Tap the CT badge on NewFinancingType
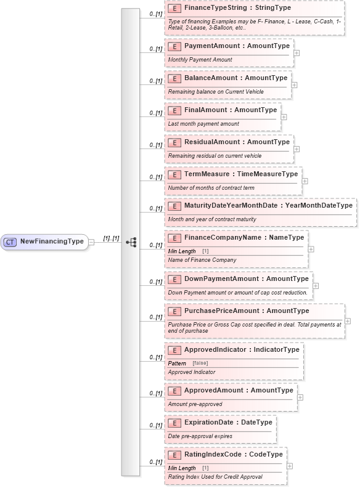[x=10, y=242]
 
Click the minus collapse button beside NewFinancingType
[x=91, y=242]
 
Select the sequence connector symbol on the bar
[x=131, y=242]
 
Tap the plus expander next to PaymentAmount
[x=297, y=52]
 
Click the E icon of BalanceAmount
[x=174, y=78]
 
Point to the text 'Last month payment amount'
[x=203, y=124]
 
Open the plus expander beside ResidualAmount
[x=297, y=148]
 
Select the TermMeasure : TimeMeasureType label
[x=240, y=174]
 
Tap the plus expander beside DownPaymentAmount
[x=316, y=285]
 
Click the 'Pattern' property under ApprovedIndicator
[x=177, y=364]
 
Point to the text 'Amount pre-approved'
[x=195, y=404]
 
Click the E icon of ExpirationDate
[x=174, y=423]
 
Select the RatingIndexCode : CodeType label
[x=233, y=455]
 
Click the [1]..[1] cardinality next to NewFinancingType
[x=111, y=238]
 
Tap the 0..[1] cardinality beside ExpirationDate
[x=155, y=425]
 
